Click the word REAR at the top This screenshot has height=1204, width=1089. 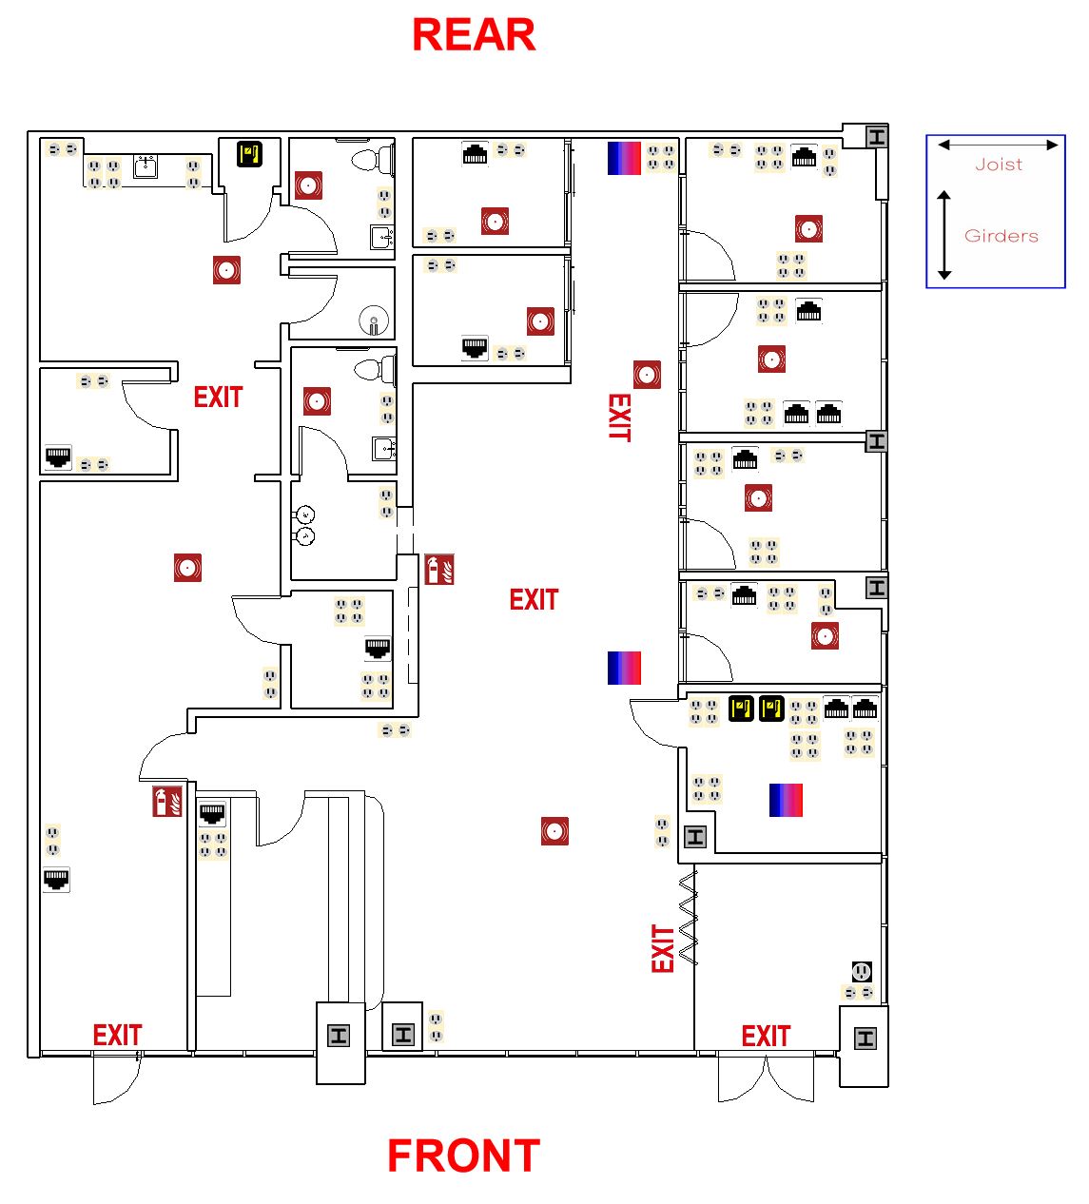[474, 36]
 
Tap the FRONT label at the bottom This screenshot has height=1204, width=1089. [463, 1156]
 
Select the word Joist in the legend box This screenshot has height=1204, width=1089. [999, 165]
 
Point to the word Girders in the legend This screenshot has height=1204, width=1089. [1001, 236]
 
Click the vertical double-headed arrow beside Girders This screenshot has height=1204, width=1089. [944, 235]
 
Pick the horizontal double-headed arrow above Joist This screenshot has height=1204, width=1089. [998, 146]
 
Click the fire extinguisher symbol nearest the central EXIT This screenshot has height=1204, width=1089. [439, 570]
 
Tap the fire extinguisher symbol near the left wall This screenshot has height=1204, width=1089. [167, 801]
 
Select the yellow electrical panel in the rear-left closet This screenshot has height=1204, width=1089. [249, 154]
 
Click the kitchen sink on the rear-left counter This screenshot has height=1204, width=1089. [146, 167]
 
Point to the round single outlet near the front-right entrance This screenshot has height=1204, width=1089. [861, 972]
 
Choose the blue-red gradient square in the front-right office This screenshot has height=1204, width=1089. [786, 800]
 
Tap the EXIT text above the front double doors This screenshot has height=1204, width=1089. [766, 1036]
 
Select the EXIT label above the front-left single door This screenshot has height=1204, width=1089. [117, 1035]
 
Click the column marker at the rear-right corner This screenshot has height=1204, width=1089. [877, 137]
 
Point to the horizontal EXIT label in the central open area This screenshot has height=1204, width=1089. [534, 600]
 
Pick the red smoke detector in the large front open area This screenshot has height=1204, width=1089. [554, 830]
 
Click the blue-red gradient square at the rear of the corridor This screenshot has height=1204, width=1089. [624, 158]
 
